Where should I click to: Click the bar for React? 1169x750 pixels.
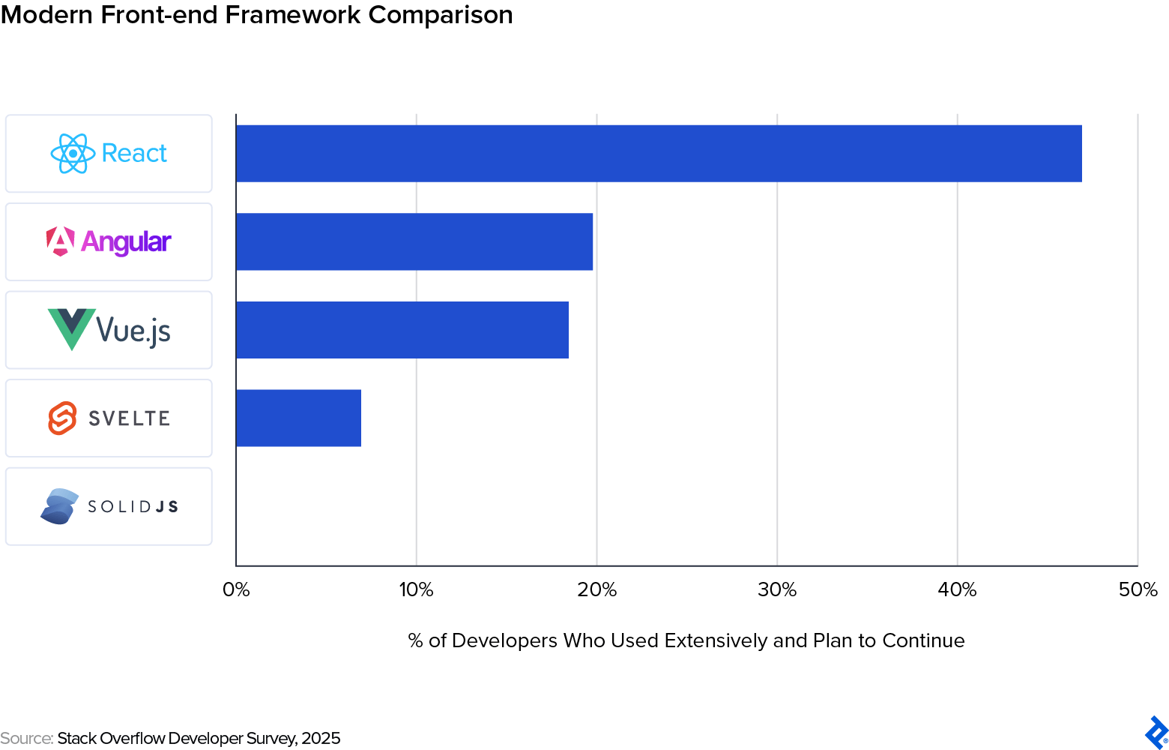tap(659, 154)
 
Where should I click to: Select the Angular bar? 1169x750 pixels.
tap(414, 241)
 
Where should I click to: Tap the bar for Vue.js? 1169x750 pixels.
tap(402, 330)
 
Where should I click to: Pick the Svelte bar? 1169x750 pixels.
tap(298, 418)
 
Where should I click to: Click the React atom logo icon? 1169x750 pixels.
tap(73, 154)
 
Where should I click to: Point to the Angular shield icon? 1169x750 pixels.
tap(61, 241)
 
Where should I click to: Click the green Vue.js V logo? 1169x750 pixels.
tap(71, 328)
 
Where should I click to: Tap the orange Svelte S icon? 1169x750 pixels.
tap(63, 418)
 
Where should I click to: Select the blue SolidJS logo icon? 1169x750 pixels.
tap(59, 506)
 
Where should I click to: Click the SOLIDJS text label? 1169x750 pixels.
tap(133, 507)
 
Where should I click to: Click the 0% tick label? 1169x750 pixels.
tap(236, 589)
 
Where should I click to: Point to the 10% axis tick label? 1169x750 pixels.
tap(416, 589)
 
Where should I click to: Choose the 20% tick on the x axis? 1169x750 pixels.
tap(596, 589)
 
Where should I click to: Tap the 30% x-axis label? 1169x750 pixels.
tap(777, 589)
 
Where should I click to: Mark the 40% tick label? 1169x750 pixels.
tap(957, 589)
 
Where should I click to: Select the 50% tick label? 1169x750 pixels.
tap(1138, 589)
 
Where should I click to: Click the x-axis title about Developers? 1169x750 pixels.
tap(686, 640)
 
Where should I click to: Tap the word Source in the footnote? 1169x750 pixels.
tap(26, 738)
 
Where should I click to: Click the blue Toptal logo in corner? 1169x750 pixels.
tap(1156, 733)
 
